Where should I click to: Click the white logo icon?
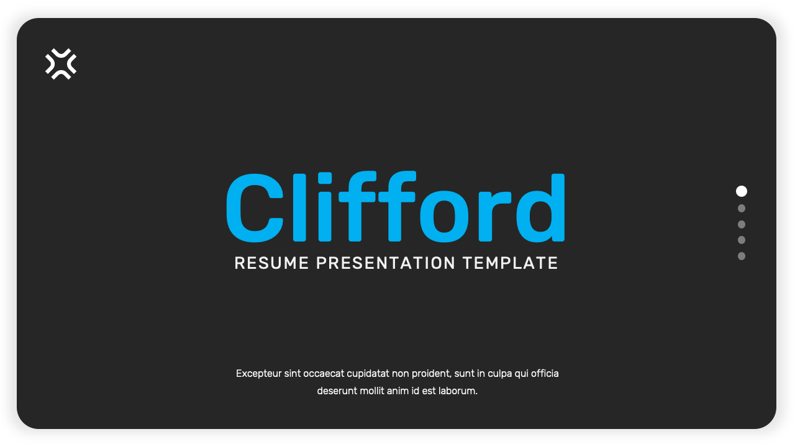point(61,64)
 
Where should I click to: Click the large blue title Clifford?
point(396,207)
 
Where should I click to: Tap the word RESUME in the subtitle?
point(271,263)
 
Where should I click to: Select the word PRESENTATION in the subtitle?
point(386,263)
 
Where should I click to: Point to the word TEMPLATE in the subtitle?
point(510,263)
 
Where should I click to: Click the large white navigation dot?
point(742,191)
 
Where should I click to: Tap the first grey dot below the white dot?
point(742,209)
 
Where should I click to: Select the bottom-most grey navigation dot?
point(742,256)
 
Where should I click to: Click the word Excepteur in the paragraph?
point(258,374)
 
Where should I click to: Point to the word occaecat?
point(324,374)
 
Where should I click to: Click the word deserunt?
point(337,391)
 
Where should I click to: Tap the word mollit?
point(372,391)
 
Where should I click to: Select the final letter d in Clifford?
point(541,207)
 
